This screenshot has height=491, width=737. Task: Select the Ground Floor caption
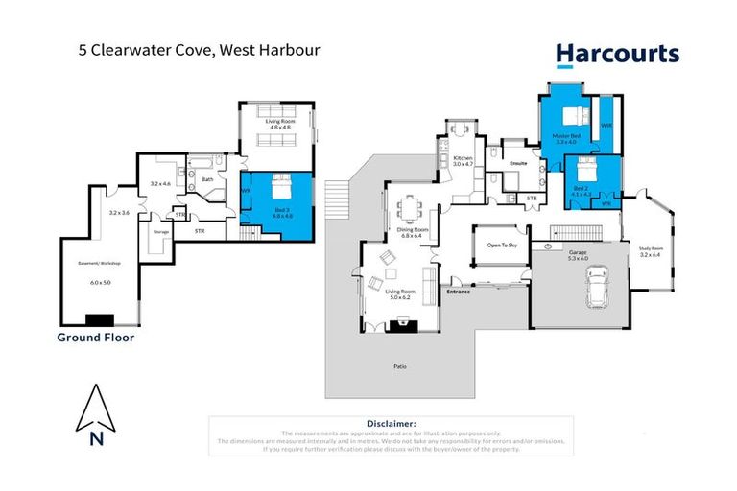pos(96,338)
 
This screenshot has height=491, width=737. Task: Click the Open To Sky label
pos(501,245)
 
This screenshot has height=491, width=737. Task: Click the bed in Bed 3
pos(281,184)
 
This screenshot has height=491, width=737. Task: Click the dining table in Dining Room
pos(414,205)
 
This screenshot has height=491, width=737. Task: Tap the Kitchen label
pos(464,160)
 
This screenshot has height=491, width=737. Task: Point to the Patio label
pos(398,366)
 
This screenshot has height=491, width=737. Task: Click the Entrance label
pos(458,291)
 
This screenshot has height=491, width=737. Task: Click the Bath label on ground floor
pos(207,178)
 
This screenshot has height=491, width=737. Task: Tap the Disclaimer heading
pos(391,423)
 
